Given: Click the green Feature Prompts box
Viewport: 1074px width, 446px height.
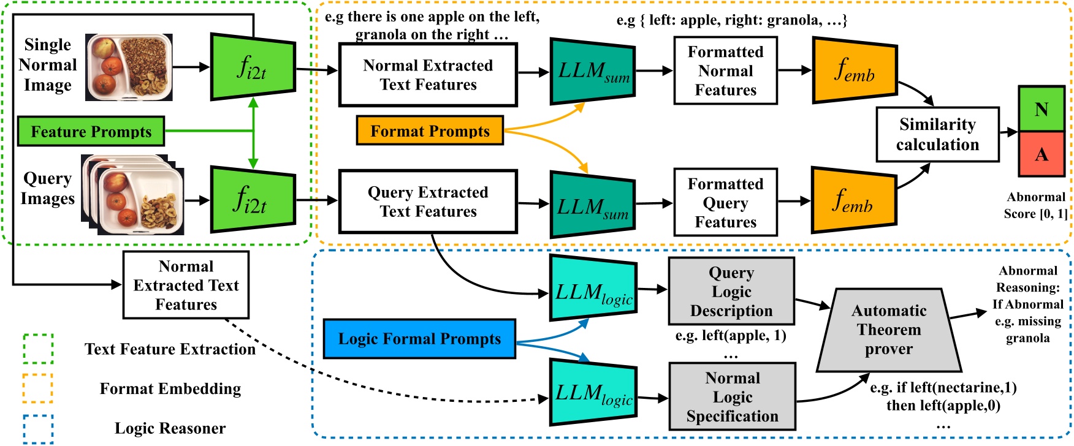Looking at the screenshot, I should [91, 131].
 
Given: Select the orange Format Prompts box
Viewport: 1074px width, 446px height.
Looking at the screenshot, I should [430, 131].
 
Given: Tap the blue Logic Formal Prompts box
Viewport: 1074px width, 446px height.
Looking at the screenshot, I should [419, 339].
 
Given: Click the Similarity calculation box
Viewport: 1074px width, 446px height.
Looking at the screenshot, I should [937, 134].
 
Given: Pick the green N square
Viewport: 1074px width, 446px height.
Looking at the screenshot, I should [1041, 109].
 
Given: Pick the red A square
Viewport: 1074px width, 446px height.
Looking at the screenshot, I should [1041, 154].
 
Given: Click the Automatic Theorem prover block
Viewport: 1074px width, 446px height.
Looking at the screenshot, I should [889, 330].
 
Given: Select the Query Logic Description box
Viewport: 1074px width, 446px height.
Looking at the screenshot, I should [731, 292].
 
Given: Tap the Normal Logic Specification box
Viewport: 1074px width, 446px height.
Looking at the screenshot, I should [732, 397].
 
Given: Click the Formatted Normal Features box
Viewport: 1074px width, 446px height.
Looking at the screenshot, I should [725, 71].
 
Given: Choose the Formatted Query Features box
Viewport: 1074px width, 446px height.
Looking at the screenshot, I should [725, 203].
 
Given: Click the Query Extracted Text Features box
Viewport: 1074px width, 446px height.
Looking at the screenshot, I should [428, 202].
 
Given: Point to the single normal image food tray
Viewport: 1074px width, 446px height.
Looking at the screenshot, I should [129, 67].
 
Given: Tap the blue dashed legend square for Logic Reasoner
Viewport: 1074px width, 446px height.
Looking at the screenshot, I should [38, 429].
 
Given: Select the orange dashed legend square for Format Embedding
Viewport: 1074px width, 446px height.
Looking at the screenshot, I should [38, 388].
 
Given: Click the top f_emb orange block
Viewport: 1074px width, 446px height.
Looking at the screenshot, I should [855, 70].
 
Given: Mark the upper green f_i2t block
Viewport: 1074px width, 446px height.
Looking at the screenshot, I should [253, 67].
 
